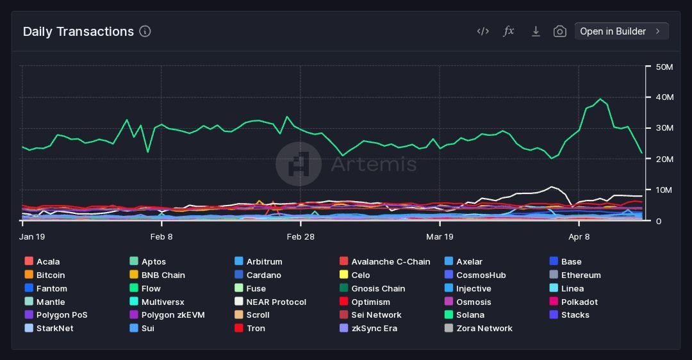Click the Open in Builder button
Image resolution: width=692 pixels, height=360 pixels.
pyautogui.click(x=621, y=31)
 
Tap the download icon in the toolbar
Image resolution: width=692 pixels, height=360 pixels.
pyautogui.click(x=536, y=31)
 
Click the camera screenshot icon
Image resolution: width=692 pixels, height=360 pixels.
pyautogui.click(x=559, y=31)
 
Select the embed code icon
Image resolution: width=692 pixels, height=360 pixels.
pyautogui.click(x=483, y=31)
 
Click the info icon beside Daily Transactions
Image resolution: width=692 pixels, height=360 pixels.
pyautogui.click(x=145, y=31)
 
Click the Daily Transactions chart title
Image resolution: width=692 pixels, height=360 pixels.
pyautogui.click(x=78, y=31)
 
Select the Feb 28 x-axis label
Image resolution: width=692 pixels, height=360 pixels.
pyautogui.click(x=301, y=236)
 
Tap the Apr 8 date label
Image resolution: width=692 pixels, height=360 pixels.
pyautogui.click(x=579, y=236)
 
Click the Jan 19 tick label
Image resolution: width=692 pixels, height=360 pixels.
pyautogui.click(x=32, y=236)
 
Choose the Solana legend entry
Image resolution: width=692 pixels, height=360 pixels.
pyautogui.click(x=470, y=315)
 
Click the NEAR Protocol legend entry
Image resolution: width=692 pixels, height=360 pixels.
pyautogui.click(x=276, y=302)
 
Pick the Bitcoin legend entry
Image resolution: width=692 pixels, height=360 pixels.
pyautogui.click(x=50, y=275)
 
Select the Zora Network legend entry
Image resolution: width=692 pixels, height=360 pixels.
pyautogui.click(x=484, y=329)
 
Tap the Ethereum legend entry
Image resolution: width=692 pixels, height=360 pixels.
pyautogui.click(x=581, y=275)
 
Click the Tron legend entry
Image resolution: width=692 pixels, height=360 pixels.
pyautogui.click(x=256, y=329)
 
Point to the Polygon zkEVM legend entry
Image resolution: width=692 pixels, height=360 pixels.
pyautogui.click(x=173, y=315)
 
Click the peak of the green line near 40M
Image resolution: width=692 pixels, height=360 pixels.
pyautogui.click(x=600, y=99)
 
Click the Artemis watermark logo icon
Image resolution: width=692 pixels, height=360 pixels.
pyautogui.click(x=299, y=164)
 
